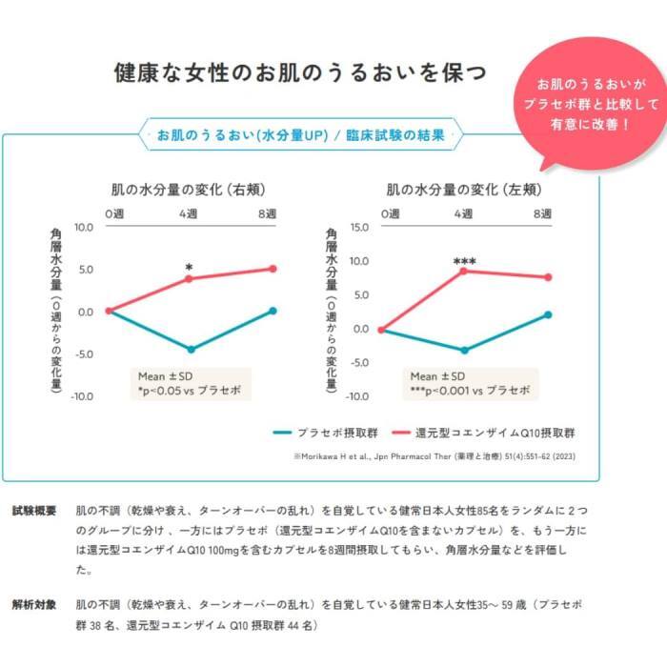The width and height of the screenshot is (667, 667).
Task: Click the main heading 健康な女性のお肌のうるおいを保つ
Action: click(x=299, y=72)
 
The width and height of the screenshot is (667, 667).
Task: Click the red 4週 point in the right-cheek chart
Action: click(x=190, y=278)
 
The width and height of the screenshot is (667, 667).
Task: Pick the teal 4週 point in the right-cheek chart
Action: click(x=191, y=350)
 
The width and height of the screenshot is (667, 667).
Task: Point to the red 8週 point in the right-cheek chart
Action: click(x=273, y=269)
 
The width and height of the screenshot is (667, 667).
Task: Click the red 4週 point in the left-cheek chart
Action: click(x=464, y=271)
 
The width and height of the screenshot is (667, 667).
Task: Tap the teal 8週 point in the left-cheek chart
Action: click(x=548, y=314)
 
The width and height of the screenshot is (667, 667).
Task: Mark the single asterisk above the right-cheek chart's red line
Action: click(x=190, y=268)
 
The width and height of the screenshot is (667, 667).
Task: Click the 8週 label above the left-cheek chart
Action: click(x=542, y=213)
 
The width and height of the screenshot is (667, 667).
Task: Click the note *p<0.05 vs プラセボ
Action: click(x=189, y=391)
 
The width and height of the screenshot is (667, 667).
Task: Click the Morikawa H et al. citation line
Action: click(x=435, y=456)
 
